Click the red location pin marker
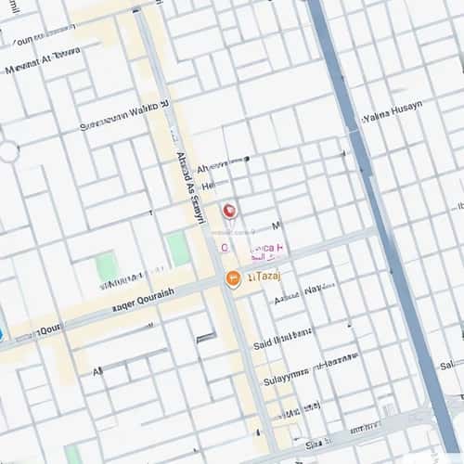(x=229, y=212)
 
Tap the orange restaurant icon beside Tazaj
(x=234, y=278)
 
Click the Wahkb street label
(x=124, y=119)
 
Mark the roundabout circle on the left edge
(x=6, y=151)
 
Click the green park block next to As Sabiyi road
(x=178, y=249)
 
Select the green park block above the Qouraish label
(x=107, y=267)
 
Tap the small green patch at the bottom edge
(x=72, y=455)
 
